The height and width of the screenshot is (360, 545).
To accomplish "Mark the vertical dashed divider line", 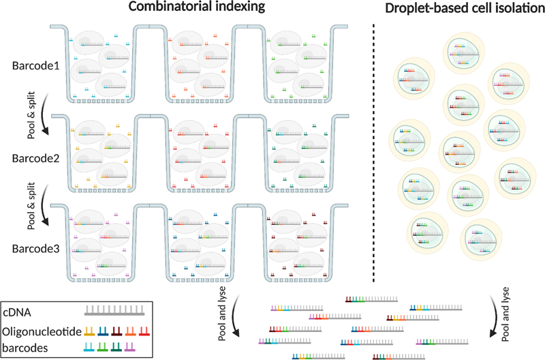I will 374,150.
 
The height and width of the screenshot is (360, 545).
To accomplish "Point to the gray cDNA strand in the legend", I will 113,312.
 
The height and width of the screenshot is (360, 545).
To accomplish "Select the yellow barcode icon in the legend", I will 89,331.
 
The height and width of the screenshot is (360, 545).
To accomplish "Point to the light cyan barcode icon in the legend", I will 89,348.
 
